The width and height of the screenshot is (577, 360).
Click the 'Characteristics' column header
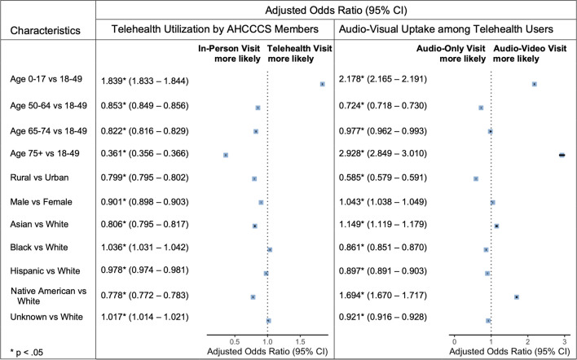tap(46, 30)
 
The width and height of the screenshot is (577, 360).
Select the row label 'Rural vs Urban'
tap(39, 178)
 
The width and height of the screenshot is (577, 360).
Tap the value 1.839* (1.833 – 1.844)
tap(144, 81)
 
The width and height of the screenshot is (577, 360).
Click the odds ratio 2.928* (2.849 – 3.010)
tap(383, 154)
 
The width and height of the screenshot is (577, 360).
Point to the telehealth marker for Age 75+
tap(226, 156)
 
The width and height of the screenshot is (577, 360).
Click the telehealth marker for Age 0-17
tap(323, 84)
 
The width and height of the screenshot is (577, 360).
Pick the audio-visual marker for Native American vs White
tap(517, 296)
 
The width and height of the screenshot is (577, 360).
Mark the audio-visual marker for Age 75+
tap(562, 156)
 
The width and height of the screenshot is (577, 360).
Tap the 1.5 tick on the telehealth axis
tap(300, 341)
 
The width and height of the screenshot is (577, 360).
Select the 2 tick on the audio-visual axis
tap(527, 341)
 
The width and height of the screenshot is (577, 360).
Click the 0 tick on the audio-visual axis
tap(455, 341)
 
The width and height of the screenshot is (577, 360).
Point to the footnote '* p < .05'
tap(27, 353)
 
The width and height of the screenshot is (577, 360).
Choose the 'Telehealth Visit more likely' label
tap(300, 54)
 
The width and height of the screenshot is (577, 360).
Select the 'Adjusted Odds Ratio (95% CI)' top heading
tap(336, 11)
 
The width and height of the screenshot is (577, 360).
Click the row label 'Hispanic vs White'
tap(45, 271)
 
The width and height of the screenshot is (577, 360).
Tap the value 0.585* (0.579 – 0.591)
tap(383, 178)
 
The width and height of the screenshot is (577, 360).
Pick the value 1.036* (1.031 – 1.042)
tap(144, 248)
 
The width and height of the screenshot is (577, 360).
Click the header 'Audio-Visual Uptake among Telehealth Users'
tap(446, 29)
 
